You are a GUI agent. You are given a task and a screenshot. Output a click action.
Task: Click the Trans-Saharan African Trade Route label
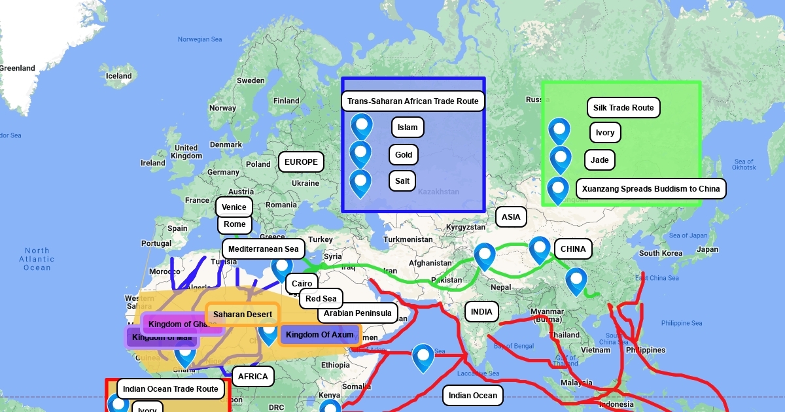[413, 101]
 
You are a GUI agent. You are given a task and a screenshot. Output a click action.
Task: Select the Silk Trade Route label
[623, 108]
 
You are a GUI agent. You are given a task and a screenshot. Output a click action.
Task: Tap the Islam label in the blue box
[408, 128]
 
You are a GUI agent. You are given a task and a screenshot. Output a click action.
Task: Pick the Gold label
[404, 155]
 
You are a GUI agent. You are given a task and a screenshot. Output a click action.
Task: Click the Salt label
[402, 180]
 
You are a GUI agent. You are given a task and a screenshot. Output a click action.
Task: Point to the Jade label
[599, 160]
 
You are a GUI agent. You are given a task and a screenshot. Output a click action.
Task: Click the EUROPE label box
[301, 162]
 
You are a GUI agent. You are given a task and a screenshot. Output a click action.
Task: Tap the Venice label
[234, 207]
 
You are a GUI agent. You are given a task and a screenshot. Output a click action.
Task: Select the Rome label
[234, 224]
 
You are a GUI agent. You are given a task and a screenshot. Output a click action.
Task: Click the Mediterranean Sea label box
[263, 249]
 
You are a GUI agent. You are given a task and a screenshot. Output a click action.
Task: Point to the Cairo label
[302, 284]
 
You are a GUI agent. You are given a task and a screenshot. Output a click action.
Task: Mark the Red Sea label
[321, 299]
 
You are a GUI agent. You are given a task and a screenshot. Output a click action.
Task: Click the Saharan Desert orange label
[243, 315]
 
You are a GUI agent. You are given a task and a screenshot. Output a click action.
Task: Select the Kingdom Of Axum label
[319, 335]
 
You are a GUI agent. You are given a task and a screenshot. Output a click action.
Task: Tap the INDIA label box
[481, 312]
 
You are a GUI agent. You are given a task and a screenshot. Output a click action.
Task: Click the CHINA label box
[573, 249]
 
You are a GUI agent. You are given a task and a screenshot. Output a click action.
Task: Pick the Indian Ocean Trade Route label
[171, 389]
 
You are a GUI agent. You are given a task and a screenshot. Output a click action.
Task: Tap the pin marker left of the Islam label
[361, 126]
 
